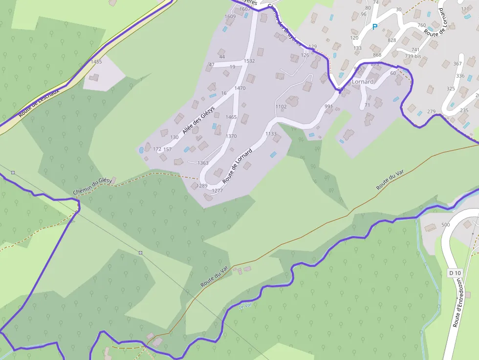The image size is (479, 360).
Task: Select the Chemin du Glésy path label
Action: pyautogui.click(x=92, y=186)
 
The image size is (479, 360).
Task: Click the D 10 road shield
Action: pyautogui.click(x=455, y=273)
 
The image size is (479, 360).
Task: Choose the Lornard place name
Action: pyautogui.click(x=362, y=82)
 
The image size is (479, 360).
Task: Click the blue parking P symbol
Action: pyautogui.click(x=375, y=27)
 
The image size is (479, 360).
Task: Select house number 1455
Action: pyautogui.click(x=96, y=62)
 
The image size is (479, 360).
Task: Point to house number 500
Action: pyautogui.click(x=445, y=225)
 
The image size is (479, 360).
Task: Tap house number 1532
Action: pyautogui.click(x=249, y=61)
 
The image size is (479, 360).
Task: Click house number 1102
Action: pyautogui.click(x=281, y=106)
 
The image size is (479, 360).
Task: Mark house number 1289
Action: pyautogui.click(x=202, y=186)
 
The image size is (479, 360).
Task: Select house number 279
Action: pyautogui.click(x=431, y=112)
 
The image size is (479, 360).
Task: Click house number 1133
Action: pyautogui.click(x=270, y=133)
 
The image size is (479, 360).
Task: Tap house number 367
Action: pyautogui.click(x=457, y=64)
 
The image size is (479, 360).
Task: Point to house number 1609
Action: pyautogui.click(x=230, y=17)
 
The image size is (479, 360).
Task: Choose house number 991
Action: pyautogui.click(x=328, y=106)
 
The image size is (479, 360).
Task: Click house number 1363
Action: pyautogui.click(x=203, y=163)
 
